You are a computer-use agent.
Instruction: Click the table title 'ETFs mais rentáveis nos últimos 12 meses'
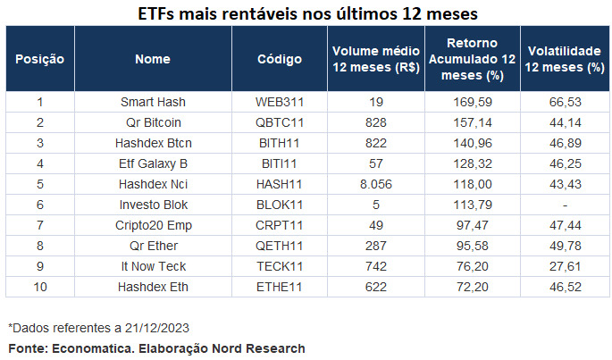(x=307, y=14)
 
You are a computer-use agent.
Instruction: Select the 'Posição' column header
(x=40, y=60)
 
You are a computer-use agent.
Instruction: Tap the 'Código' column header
(x=280, y=60)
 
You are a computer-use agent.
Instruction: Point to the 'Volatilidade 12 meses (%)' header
(x=564, y=60)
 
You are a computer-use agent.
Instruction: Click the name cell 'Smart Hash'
(x=153, y=102)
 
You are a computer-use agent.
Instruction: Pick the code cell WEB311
(x=280, y=102)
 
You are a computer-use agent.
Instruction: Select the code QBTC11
(x=280, y=121)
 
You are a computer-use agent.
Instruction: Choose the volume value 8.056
(x=375, y=183)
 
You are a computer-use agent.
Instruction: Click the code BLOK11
(x=280, y=205)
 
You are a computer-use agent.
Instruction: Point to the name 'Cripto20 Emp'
(x=153, y=225)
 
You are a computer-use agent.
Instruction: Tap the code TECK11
(x=280, y=266)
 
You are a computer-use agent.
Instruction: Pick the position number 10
(x=40, y=287)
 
